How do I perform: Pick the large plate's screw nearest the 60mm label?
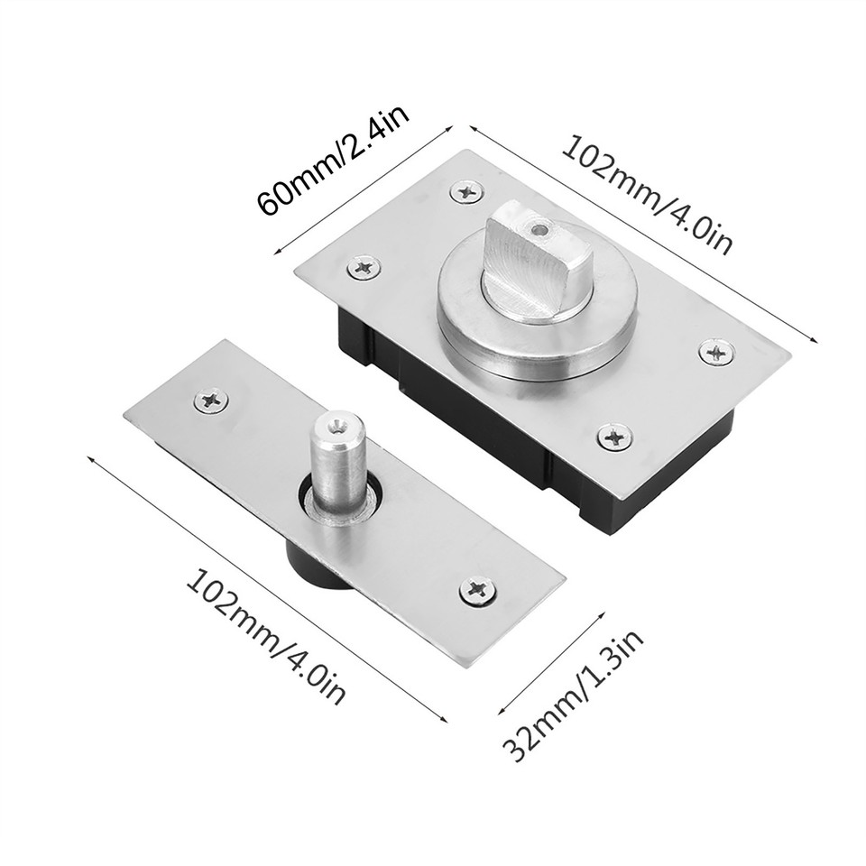point(466,191)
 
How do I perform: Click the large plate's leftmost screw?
point(364,266)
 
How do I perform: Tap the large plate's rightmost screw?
point(716,352)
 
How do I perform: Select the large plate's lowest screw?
point(614,438)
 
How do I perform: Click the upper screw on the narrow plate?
point(211,400)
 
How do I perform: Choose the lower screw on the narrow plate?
point(477,591)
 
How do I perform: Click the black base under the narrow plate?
point(311,569)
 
